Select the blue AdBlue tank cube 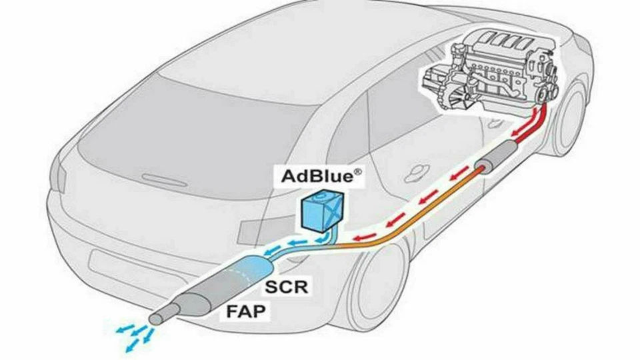320,211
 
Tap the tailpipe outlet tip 155,320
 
